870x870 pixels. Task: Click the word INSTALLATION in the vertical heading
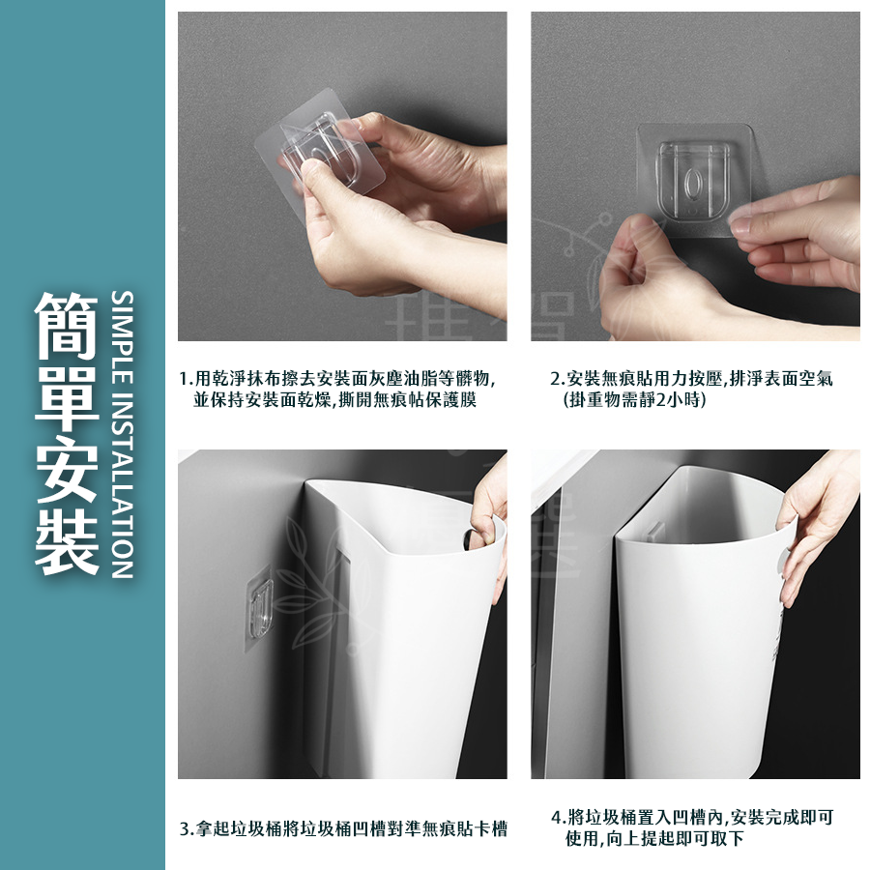(122, 485)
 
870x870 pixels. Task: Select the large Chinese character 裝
(67, 541)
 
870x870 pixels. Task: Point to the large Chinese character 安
(67, 469)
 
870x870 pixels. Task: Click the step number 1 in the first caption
(185, 380)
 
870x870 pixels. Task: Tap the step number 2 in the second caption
(556, 380)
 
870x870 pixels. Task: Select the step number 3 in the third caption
(186, 829)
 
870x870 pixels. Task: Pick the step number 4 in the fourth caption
(557, 818)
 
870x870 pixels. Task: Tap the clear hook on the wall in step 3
(260, 608)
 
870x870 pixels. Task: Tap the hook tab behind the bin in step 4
(655, 531)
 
